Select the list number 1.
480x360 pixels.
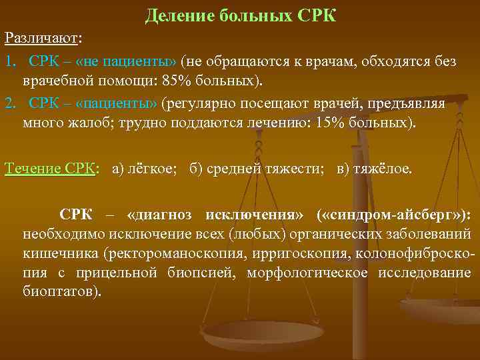pyautogui.click(x=9, y=62)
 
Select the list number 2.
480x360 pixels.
pyautogui.click(x=9, y=104)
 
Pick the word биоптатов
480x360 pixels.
pyautogui.click(x=60, y=292)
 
